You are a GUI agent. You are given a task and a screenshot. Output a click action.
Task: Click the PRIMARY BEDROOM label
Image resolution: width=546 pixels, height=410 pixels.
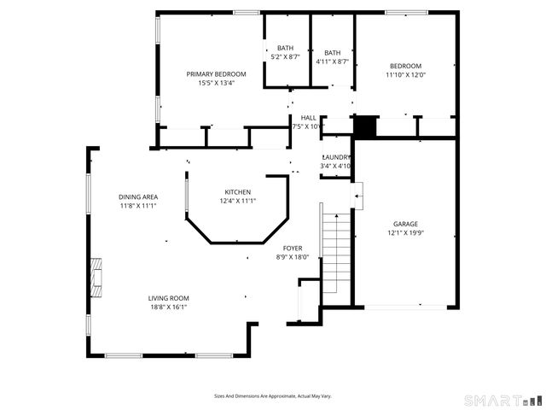[x=216, y=74]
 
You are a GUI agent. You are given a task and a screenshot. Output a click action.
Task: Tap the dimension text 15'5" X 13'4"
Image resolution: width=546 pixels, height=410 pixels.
[x=216, y=83]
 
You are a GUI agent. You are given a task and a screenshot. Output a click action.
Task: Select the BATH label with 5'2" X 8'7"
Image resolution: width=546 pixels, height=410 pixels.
[x=285, y=48]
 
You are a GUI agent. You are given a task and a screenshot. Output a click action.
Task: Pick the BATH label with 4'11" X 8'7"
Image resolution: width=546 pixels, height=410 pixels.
[x=332, y=53]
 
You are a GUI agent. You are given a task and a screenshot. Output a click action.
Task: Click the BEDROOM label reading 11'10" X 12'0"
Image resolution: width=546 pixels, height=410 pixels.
[x=405, y=66]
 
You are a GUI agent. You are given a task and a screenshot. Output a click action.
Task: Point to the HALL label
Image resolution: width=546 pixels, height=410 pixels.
[x=308, y=118]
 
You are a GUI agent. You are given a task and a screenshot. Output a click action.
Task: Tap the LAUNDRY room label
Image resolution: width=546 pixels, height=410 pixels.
[x=336, y=157]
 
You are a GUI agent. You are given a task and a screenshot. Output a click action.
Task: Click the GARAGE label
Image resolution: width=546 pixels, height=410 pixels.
[x=405, y=224]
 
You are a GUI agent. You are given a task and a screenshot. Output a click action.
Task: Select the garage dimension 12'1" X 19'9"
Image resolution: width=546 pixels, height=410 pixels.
[x=405, y=232]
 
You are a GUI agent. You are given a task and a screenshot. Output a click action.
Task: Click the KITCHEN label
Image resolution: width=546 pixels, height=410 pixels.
[x=237, y=191]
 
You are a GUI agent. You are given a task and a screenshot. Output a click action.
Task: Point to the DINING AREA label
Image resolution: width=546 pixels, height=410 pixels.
[x=137, y=197]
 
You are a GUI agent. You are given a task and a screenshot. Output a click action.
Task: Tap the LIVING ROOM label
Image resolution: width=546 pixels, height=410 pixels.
[x=168, y=298]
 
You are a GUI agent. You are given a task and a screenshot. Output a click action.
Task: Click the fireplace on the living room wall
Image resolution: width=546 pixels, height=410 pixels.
[x=97, y=278]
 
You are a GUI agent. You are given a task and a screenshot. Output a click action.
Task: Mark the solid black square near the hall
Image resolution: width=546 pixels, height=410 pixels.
[x=364, y=126]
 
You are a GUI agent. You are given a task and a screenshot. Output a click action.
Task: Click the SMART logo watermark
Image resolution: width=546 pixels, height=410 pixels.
[x=501, y=400]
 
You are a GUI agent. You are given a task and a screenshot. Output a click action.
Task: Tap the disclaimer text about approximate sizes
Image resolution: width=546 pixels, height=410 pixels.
[x=272, y=396]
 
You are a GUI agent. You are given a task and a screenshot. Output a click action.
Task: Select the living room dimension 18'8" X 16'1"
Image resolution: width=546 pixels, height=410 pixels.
[x=168, y=307]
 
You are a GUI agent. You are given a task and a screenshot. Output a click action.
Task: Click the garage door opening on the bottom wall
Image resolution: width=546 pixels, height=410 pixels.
[x=405, y=307]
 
